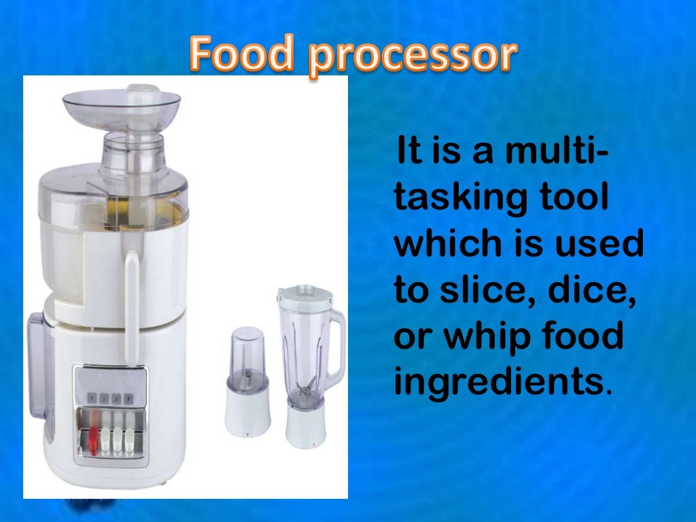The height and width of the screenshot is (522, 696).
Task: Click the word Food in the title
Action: [x=242, y=56]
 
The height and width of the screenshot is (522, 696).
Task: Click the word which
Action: [x=441, y=244]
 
